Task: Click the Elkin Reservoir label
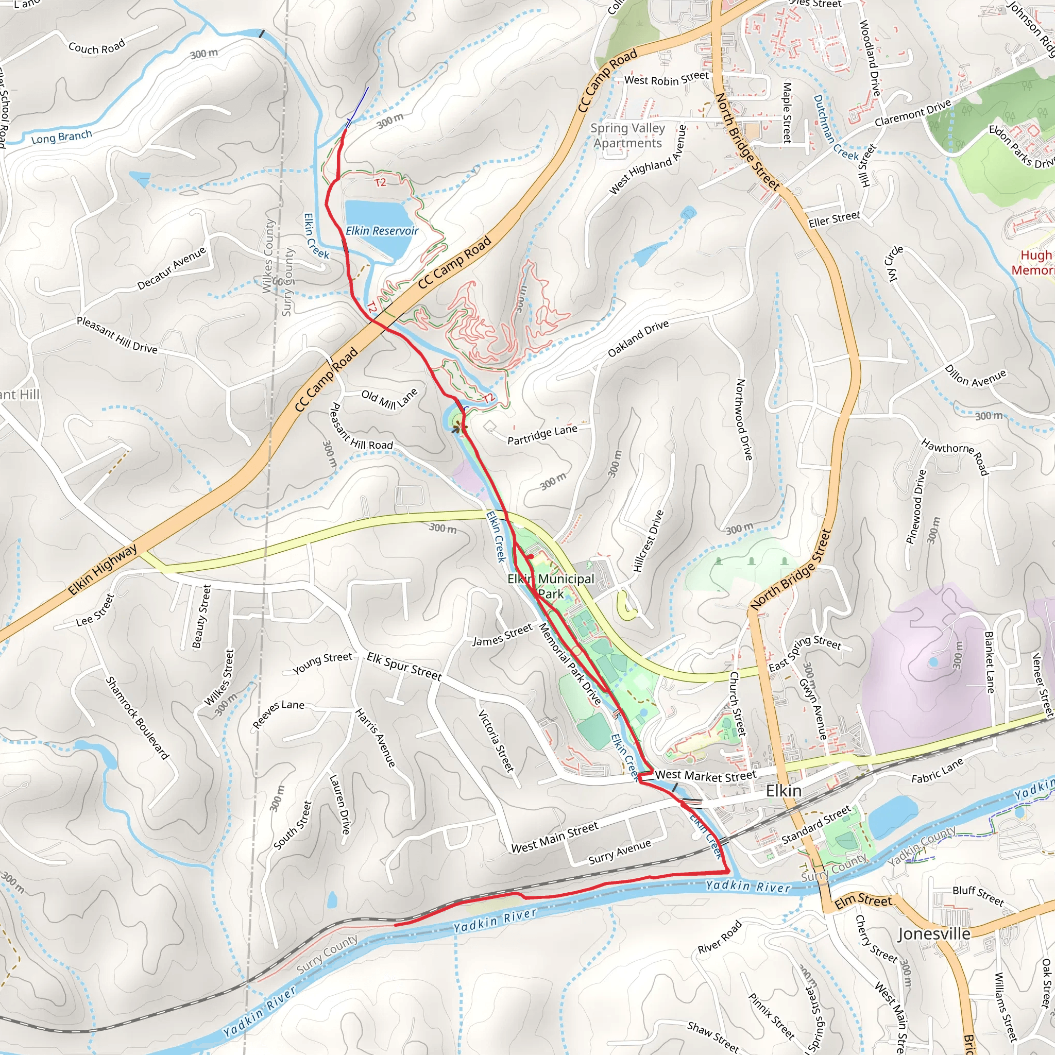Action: click(382, 231)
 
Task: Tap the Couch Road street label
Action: click(97, 47)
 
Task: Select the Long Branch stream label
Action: click(61, 137)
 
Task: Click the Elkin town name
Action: click(784, 791)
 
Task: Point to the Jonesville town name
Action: click(934, 934)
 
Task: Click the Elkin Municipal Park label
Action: click(551, 586)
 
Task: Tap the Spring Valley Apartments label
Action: click(627, 135)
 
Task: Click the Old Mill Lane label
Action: click(389, 399)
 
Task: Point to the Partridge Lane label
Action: click(542, 435)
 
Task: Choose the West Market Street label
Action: click(706, 775)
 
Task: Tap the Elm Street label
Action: click(863, 900)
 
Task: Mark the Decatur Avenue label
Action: click(172, 268)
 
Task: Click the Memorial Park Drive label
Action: click(570, 665)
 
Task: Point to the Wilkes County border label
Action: click(267, 257)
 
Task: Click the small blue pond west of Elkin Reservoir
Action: click(141, 179)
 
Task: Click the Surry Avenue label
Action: click(619, 852)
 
